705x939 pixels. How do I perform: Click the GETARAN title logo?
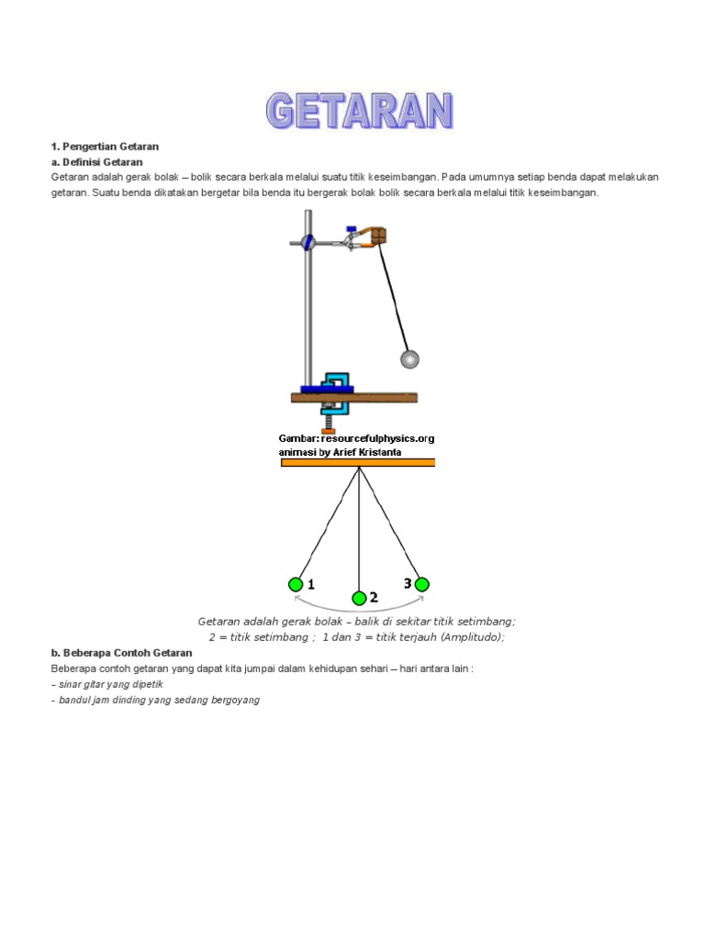[x=359, y=110]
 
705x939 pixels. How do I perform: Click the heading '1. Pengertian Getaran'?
[x=106, y=147]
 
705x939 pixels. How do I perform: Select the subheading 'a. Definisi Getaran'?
[x=97, y=162]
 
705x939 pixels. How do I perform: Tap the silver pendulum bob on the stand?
[x=409, y=359]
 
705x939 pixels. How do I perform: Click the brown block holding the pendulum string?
[x=378, y=236]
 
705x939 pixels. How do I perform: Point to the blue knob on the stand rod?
[x=308, y=242]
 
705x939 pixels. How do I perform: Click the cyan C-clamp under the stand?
[x=337, y=390]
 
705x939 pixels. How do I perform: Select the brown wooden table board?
[x=354, y=398]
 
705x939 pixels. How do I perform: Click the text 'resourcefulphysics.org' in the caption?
[x=378, y=438]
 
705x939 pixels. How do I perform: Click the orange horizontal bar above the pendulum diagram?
[x=358, y=463]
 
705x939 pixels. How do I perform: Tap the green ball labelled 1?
[x=296, y=584]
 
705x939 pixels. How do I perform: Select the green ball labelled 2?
[x=359, y=599]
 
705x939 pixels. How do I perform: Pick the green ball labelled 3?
[x=421, y=584]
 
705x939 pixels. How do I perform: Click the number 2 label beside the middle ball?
[x=374, y=598]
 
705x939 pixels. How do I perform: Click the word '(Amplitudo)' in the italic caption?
[x=472, y=637]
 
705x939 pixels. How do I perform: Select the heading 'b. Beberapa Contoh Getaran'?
[x=121, y=653]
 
